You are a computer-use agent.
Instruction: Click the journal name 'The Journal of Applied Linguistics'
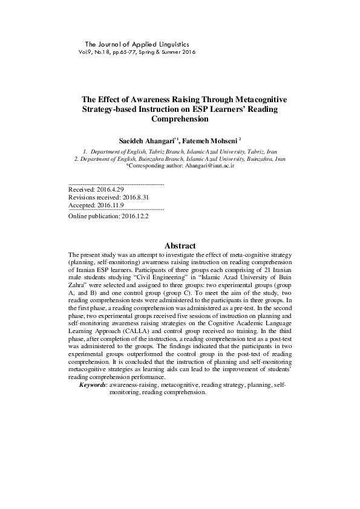tap(137, 44)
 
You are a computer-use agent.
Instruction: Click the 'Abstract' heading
tap(180, 245)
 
